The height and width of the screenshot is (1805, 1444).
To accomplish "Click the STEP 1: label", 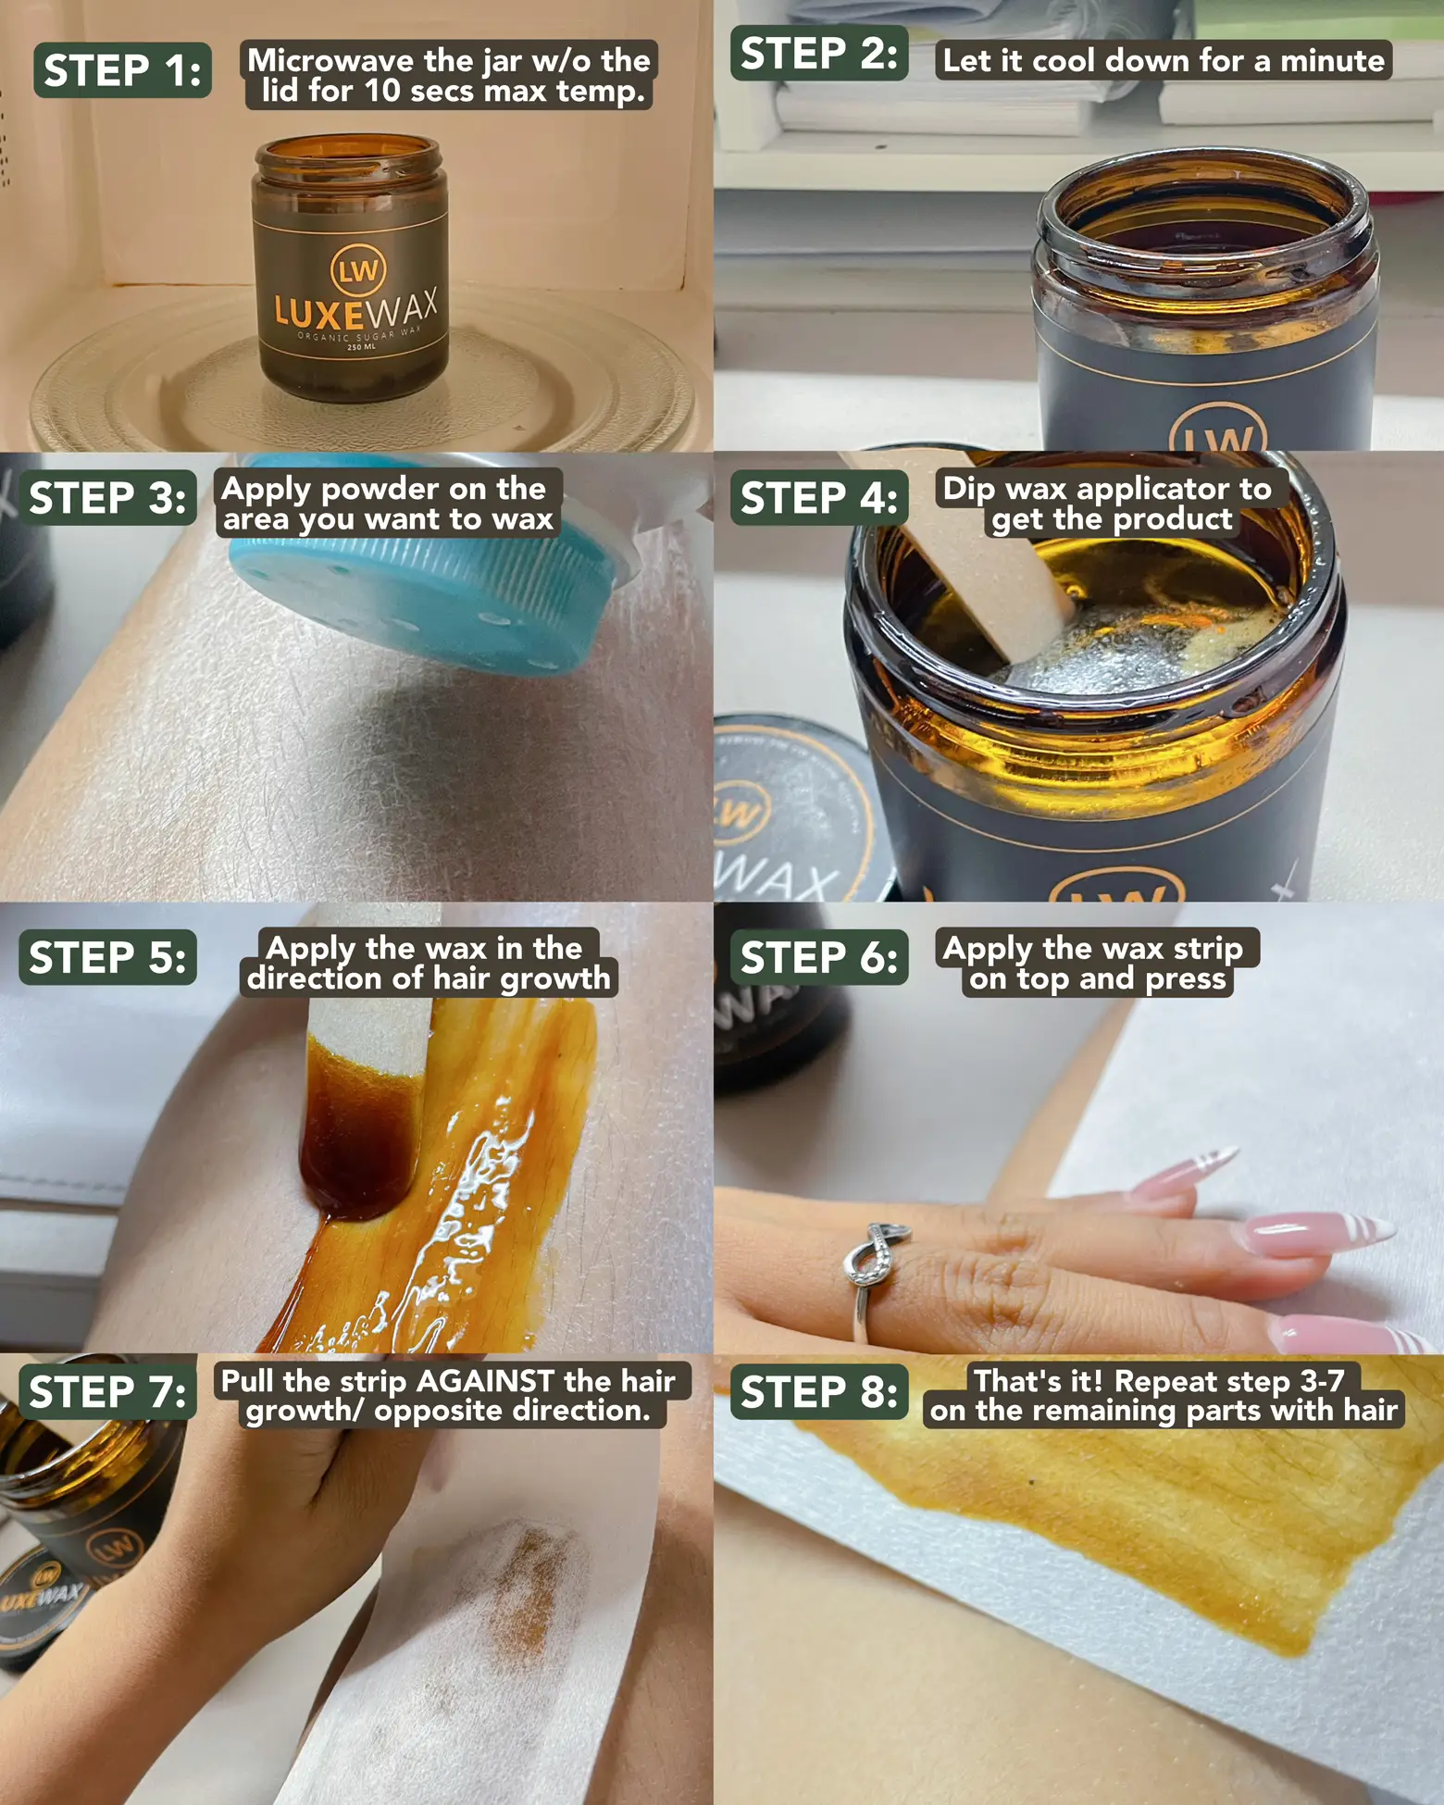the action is [x=122, y=70].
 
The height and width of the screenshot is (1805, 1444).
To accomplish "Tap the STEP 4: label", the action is [x=819, y=498].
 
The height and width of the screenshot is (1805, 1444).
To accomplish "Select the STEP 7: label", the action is [x=107, y=1391].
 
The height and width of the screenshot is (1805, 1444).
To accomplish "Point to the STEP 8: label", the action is [x=819, y=1391].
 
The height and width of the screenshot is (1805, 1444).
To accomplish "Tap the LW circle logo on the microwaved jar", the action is [x=358, y=270].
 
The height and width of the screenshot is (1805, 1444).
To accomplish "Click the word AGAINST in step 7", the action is [x=486, y=1381].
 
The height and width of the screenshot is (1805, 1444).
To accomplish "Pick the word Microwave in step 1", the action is [x=330, y=61].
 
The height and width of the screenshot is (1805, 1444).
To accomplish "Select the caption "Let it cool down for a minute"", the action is [x=1164, y=61].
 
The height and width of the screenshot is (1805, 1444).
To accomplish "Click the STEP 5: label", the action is [x=107, y=957].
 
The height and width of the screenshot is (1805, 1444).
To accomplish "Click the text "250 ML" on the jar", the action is [x=361, y=347].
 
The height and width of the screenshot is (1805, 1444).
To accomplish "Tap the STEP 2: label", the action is [x=819, y=53].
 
